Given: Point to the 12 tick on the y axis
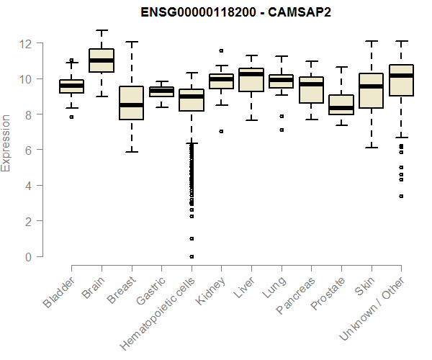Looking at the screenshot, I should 27,43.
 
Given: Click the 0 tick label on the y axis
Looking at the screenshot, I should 27,256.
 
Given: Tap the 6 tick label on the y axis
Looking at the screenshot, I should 27,150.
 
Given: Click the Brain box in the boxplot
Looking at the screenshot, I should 101,60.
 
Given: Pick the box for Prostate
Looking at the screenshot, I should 341,105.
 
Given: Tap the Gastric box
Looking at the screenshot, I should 161,91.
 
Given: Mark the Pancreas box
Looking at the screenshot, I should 311,90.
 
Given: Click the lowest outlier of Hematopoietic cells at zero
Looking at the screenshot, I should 191,256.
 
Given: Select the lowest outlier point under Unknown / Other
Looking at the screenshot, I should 401,196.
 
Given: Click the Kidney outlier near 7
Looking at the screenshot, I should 221,131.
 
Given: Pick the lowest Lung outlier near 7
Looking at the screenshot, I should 281,130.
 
